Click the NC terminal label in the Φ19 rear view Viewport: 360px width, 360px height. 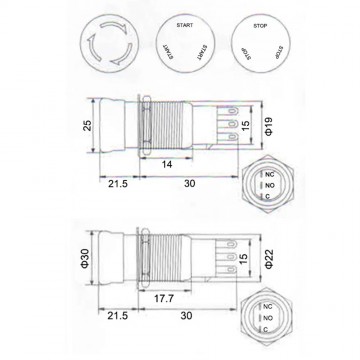click(x=267, y=173)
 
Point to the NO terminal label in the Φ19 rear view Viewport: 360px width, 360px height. click(x=267, y=185)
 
